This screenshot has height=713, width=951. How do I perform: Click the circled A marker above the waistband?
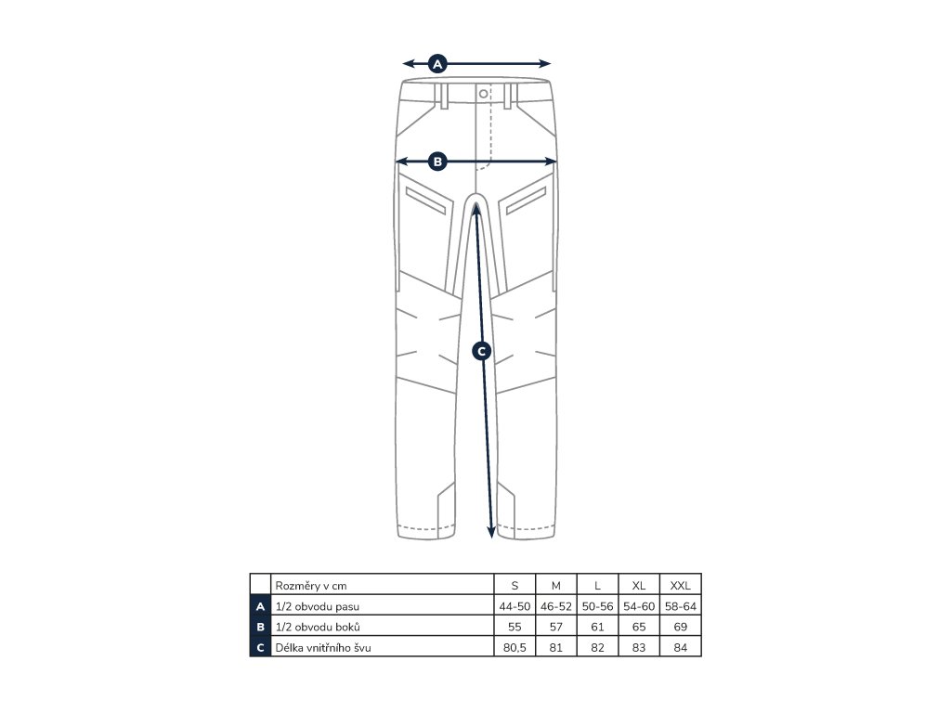click(x=438, y=64)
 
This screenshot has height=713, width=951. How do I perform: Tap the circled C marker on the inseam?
click(x=481, y=351)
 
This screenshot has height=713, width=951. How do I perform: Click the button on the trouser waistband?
click(x=483, y=93)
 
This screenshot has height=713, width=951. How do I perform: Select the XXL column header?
click(x=681, y=585)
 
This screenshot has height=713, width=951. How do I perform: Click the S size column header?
click(x=515, y=585)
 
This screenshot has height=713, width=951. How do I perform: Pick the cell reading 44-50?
click(x=515, y=606)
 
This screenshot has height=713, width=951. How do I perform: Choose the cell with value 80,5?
click(x=515, y=648)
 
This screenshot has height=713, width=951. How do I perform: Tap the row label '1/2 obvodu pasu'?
click(x=313, y=606)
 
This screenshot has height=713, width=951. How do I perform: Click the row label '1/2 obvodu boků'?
click(x=311, y=627)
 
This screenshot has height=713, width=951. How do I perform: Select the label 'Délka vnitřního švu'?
click(x=323, y=648)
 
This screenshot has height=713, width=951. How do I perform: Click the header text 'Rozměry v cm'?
click(x=310, y=585)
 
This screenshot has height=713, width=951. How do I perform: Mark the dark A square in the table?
click(x=260, y=606)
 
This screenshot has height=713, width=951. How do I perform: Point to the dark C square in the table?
click(x=260, y=648)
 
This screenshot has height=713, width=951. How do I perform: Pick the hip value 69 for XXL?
click(x=681, y=627)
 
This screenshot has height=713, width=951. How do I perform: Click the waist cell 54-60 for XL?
click(x=639, y=606)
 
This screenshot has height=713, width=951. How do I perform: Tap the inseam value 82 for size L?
click(x=597, y=648)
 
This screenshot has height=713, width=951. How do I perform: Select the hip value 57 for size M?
click(x=555, y=627)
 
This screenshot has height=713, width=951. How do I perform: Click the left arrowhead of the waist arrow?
click(x=406, y=64)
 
